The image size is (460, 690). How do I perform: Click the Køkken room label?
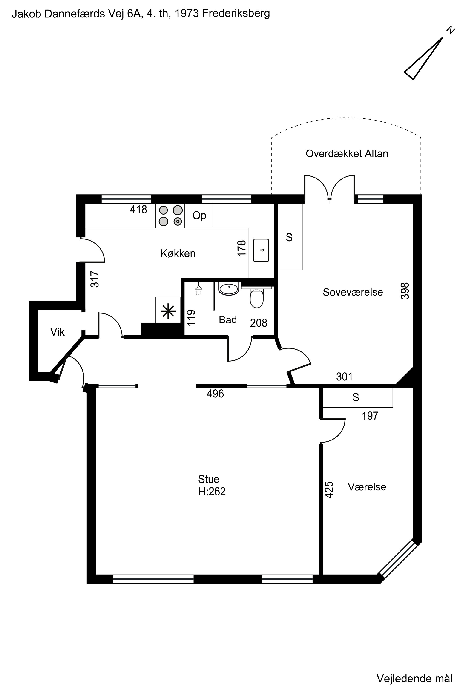pyautogui.click(x=178, y=253)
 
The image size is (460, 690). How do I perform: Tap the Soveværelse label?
pyautogui.click(x=353, y=292)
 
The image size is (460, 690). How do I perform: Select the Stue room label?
pyautogui.click(x=209, y=479)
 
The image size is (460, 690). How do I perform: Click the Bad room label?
pyautogui.click(x=228, y=319)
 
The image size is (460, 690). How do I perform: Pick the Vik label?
pyautogui.click(x=57, y=332)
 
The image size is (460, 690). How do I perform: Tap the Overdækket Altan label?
pyautogui.click(x=347, y=153)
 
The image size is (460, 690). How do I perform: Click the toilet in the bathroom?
pyautogui.click(x=257, y=298)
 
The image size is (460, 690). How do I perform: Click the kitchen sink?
pyautogui.click(x=261, y=250)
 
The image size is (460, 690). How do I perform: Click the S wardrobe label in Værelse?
pyautogui.click(x=356, y=397)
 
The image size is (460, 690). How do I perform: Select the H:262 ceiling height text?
pyautogui.click(x=212, y=491)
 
